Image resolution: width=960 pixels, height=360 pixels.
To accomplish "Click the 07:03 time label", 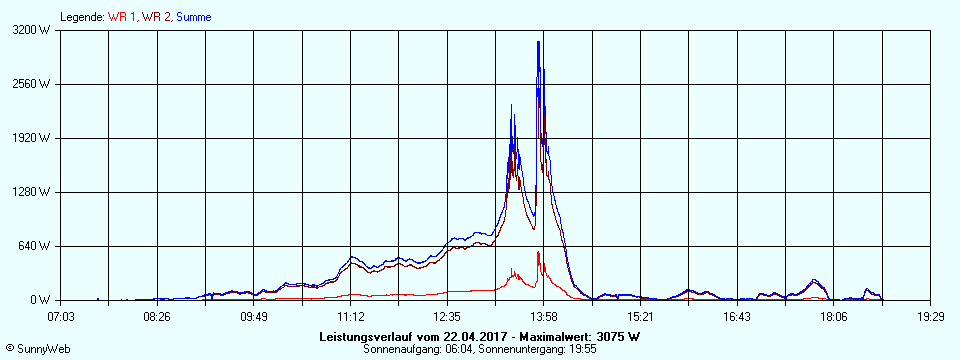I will coord(62,316).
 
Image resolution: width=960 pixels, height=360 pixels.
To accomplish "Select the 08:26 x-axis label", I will coord(157,316).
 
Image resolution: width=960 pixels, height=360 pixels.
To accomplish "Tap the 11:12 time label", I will coord(351,316).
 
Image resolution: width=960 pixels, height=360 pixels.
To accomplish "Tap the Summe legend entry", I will coord(193,17).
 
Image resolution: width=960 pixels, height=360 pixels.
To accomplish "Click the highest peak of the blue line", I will coord(538,42).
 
